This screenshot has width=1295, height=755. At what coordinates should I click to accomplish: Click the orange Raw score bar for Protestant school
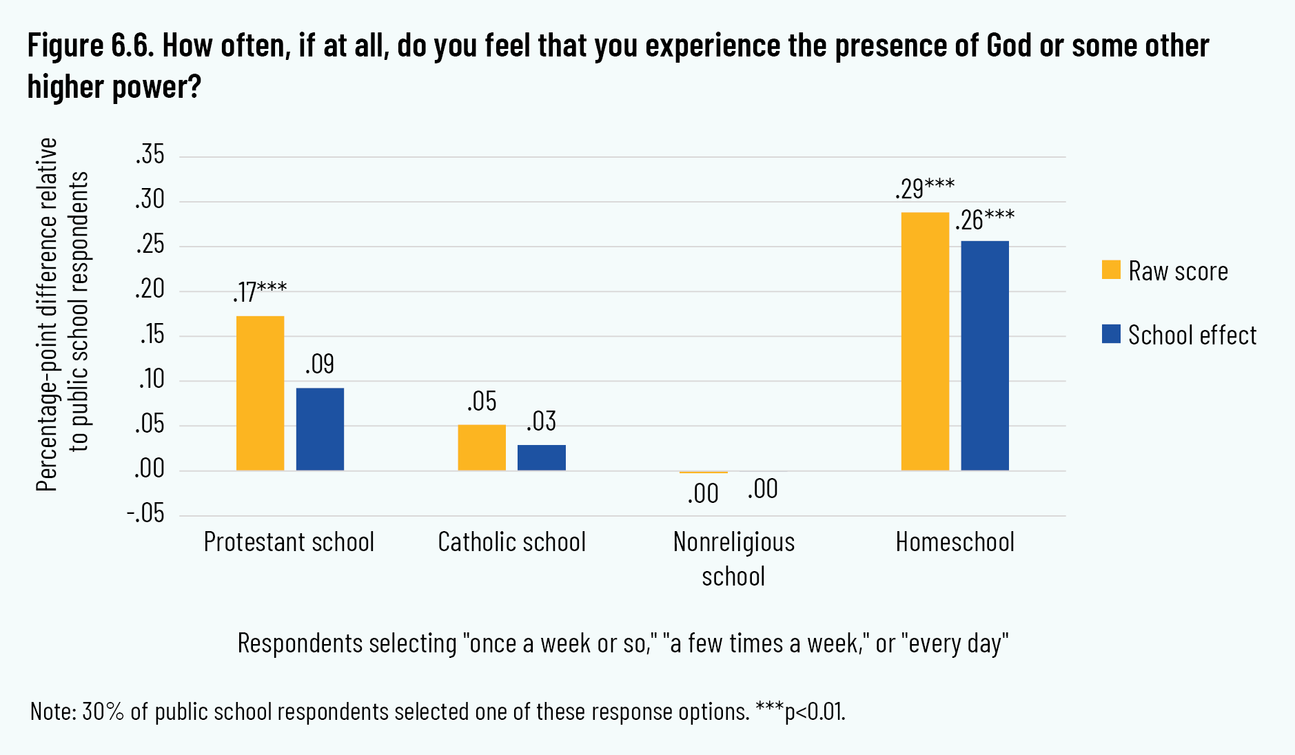coord(260,393)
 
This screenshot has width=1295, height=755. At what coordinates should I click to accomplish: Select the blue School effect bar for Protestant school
coord(320,429)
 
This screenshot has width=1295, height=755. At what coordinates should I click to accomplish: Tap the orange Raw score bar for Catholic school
coord(482,448)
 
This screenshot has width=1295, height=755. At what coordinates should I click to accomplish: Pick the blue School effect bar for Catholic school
coord(542,458)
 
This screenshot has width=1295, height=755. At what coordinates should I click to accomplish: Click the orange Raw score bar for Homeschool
coord(925,342)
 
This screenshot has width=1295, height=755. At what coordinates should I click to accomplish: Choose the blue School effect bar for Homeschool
coord(985,356)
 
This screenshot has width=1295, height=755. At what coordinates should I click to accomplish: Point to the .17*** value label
coord(259,292)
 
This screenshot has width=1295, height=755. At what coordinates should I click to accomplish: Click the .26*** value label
coord(984,220)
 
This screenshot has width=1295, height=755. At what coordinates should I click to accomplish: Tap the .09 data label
coord(320,364)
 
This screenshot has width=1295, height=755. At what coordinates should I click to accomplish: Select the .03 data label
coord(542,421)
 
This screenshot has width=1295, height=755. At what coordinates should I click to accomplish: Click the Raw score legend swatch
coord(1111,270)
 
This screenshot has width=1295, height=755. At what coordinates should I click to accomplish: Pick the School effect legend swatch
coord(1111,334)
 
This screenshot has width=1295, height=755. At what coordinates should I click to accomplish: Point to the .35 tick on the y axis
coord(150,155)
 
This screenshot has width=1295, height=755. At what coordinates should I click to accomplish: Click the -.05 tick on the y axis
coord(146,514)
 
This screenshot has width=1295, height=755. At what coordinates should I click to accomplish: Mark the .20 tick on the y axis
coord(150,289)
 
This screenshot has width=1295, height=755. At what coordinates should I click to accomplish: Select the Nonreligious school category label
coord(733,559)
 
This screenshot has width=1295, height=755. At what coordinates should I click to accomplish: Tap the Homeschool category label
coord(955,542)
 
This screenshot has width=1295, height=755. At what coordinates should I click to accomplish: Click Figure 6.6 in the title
coord(91,46)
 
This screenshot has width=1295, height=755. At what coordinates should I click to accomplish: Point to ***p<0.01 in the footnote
coord(800,711)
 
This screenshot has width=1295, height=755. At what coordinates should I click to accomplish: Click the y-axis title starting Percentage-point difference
coord(62,313)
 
